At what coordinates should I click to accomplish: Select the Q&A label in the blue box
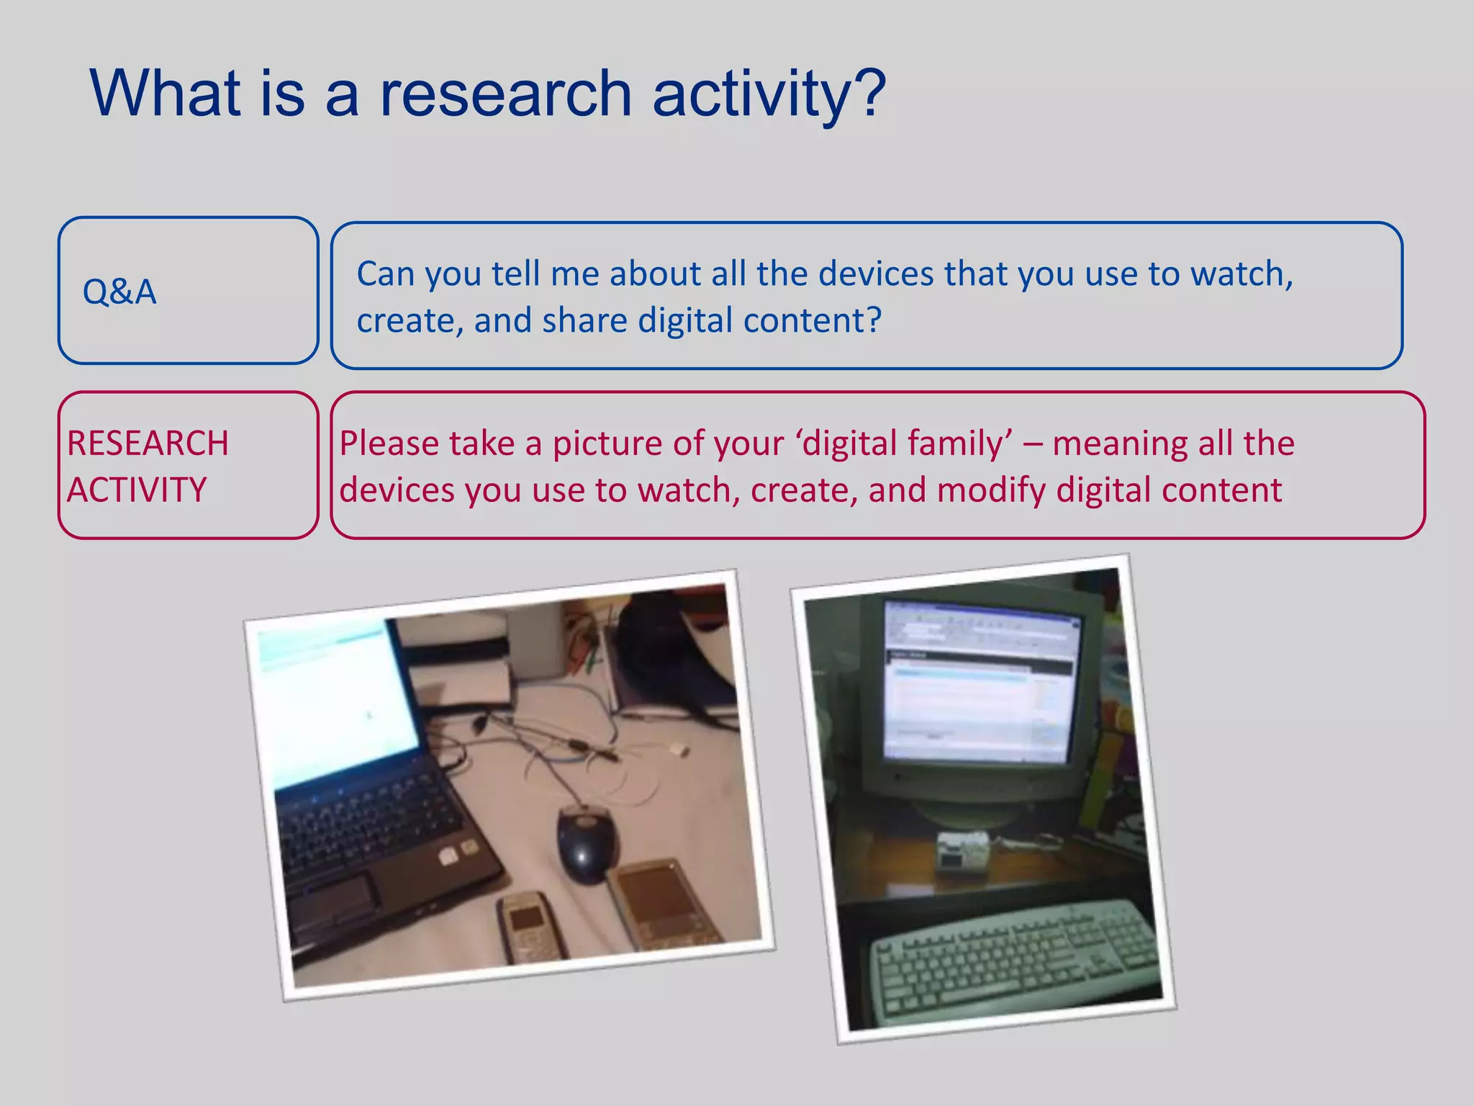click(119, 292)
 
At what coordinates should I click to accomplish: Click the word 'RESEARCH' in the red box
click(148, 443)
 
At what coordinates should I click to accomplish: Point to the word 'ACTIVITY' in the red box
click(137, 490)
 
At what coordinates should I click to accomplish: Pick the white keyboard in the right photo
click(1015, 958)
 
